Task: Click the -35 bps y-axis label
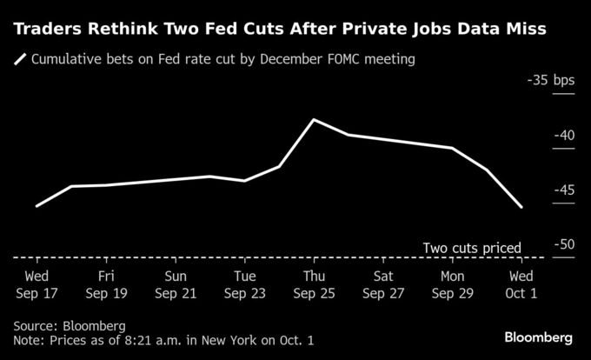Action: pyautogui.click(x=551, y=81)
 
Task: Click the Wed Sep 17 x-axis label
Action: pyautogui.click(x=36, y=284)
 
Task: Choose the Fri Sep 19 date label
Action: pyautogui.click(x=105, y=284)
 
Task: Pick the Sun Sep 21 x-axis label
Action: pyautogui.click(x=175, y=284)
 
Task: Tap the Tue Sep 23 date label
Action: pyautogui.click(x=244, y=284)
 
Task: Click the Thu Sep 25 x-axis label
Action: pyautogui.click(x=314, y=284)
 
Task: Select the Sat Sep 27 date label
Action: pyautogui.click(x=383, y=284)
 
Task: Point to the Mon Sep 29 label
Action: pyautogui.click(x=452, y=284)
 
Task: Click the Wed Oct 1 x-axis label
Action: pyautogui.click(x=521, y=284)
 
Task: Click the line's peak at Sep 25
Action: pyautogui.click(x=314, y=119)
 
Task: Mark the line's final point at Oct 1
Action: pyautogui.click(x=521, y=208)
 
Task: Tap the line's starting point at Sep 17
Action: pyautogui.click(x=36, y=206)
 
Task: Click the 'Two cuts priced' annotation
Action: pyautogui.click(x=471, y=248)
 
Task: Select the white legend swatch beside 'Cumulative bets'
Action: pyautogui.click(x=20, y=60)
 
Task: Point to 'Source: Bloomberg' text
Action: pyautogui.click(x=70, y=325)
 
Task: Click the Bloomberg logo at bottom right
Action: pyautogui.click(x=539, y=337)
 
